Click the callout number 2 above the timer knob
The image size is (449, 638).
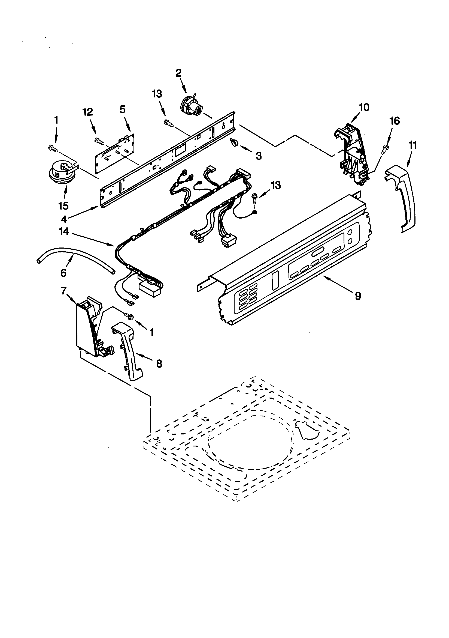pyautogui.click(x=178, y=73)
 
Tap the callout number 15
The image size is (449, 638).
pyautogui.click(x=63, y=206)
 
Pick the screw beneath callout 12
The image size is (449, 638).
pyautogui.click(x=99, y=141)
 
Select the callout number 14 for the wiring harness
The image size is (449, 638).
pyautogui.click(x=64, y=224)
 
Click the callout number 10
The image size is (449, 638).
pyautogui.click(x=364, y=107)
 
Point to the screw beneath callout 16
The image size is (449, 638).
pyautogui.click(x=385, y=149)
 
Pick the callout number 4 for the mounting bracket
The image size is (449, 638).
pyautogui.click(x=64, y=219)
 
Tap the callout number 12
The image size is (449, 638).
pyautogui.click(x=88, y=112)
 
